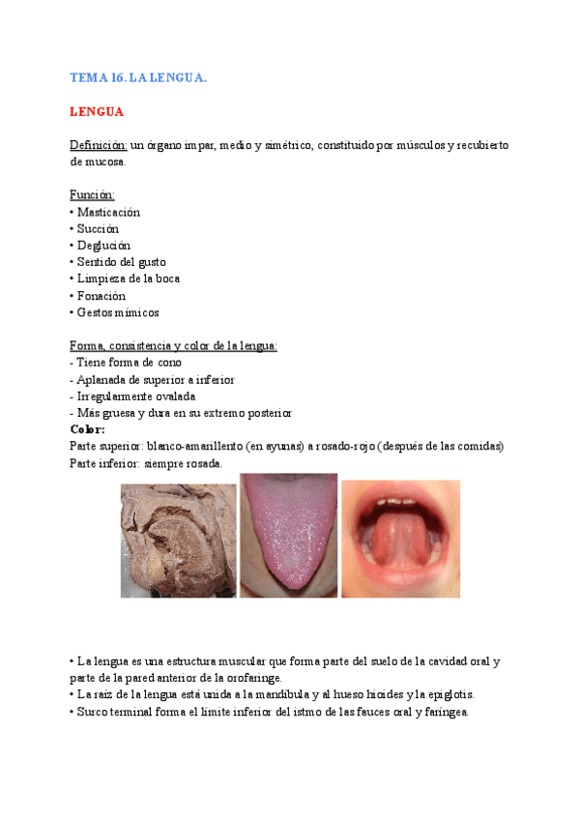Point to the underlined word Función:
click(92, 195)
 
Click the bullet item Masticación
click(107, 212)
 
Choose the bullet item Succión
click(97, 228)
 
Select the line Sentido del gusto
click(120, 262)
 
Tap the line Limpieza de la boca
click(128, 278)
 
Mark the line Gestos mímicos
click(117, 312)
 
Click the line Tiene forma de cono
click(129, 363)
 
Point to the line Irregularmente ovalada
click(136, 396)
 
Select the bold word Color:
click(88, 429)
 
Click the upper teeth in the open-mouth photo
click(400, 503)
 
